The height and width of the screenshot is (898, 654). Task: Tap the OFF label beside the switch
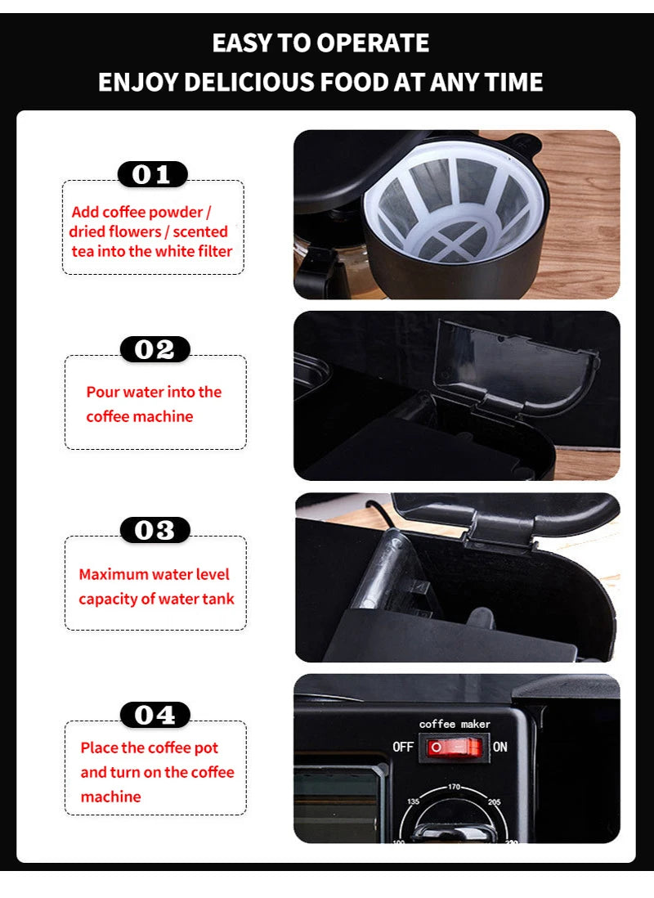click(x=403, y=747)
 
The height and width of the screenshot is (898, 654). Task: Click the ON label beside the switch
click(x=499, y=747)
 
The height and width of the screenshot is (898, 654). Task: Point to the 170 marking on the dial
click(x=455, y=787)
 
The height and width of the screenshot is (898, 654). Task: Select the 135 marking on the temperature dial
click(x=414, y=802)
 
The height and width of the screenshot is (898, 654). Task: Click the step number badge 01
click(x=153, y=174)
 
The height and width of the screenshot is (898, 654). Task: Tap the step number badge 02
click(x=155, y=349)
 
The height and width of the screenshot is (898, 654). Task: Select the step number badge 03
click(x=155, y=530)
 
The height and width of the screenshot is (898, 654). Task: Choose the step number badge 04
click(x=155, y=715)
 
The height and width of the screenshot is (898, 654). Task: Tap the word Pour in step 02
click(x=102, y=392)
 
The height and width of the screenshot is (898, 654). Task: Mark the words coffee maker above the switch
click(x=454, y=724)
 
